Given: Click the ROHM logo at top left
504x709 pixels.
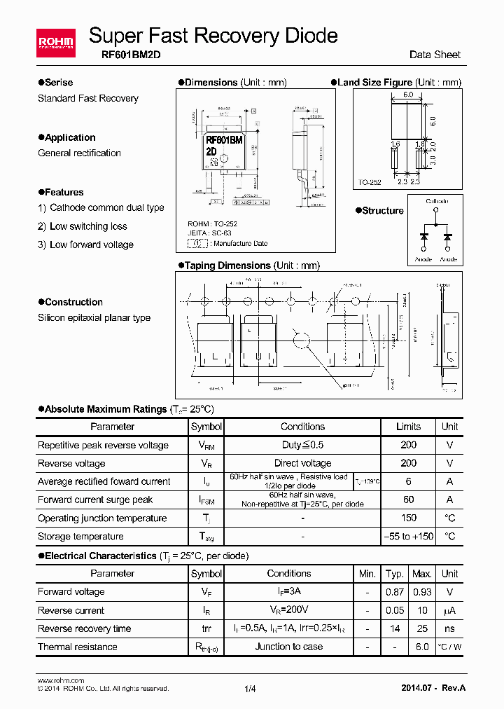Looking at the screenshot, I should [x=55, y=43].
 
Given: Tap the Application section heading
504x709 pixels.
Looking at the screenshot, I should [x=70, y=137].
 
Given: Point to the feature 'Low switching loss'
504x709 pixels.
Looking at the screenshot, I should [x=88, y=226].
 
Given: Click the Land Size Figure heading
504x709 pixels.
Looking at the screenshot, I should [x=374, y=82].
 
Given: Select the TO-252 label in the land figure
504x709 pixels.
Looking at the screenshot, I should [x=370, y=182].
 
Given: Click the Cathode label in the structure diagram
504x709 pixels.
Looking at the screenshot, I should [x=437, y=202].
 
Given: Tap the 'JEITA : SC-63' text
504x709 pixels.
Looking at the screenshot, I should [x=209, y=233].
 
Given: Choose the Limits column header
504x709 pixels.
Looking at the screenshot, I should [x=408, y=427].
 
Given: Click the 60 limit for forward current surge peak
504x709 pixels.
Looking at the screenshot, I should [x=408, y=500].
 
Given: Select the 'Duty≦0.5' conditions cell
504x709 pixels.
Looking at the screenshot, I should [x=302, y=445].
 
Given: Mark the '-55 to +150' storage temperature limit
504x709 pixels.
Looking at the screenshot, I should [x=408, y=536].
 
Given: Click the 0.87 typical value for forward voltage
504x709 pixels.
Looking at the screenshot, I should [x=395, y=591].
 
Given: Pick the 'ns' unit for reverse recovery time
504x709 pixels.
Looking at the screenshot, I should [x=449, y=628].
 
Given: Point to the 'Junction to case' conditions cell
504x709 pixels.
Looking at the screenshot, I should [x=289, y=647].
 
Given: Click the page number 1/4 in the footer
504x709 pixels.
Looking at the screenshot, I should [x=250, y=689].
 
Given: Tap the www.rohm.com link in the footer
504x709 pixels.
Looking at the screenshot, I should [x=60, y=680].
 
